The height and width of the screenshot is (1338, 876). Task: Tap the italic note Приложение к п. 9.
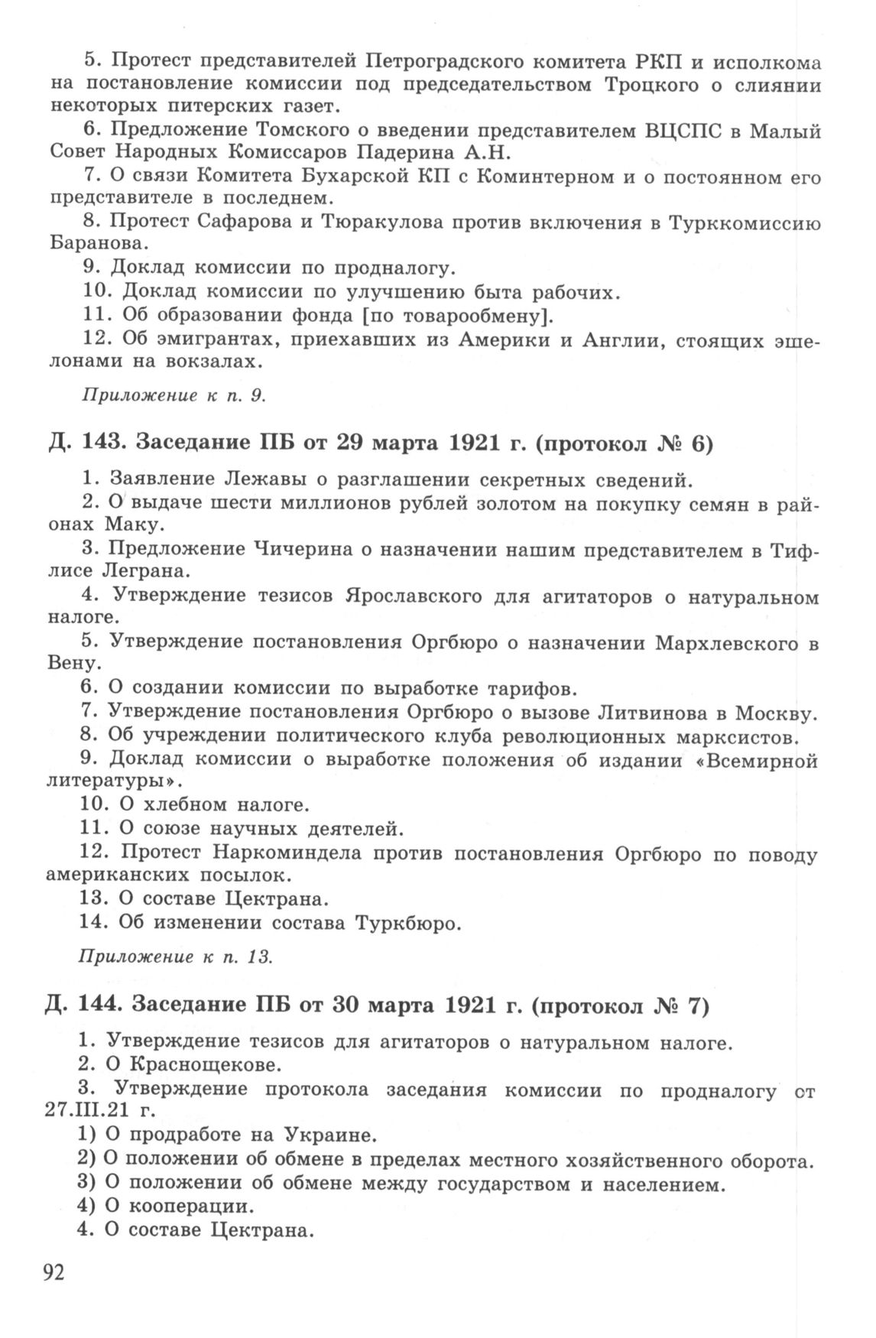tap(173, 395)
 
